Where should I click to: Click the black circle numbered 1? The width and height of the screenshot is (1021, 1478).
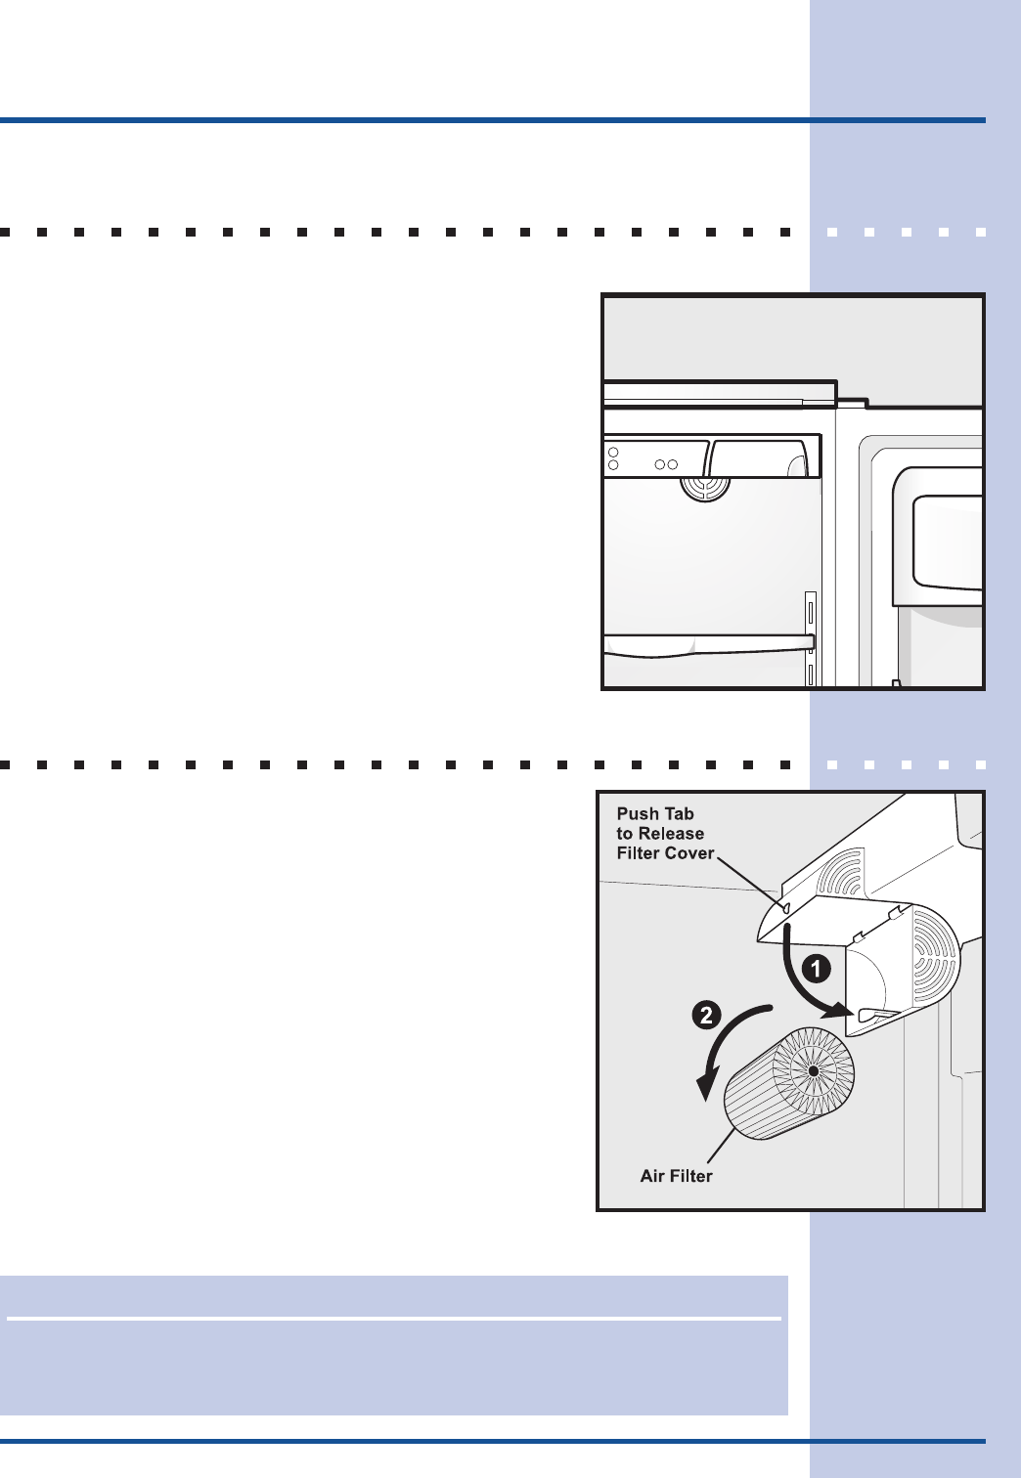click(x=816, y=970)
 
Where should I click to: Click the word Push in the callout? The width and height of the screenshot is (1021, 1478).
click(x=636, y=813)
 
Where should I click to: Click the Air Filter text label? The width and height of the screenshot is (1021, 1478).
click(x=676, y=1175)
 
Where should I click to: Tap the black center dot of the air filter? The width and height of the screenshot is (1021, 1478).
click(x=815, y=1071)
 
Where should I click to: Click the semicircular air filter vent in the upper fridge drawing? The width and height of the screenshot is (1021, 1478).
click(x=705, y=489)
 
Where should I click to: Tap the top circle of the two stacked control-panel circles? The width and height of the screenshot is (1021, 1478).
click(x=613, y=452)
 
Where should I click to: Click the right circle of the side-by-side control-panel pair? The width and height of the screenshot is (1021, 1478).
click(x=673, y=464)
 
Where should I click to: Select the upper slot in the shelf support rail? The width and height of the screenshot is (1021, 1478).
click(x=811, y=615)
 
